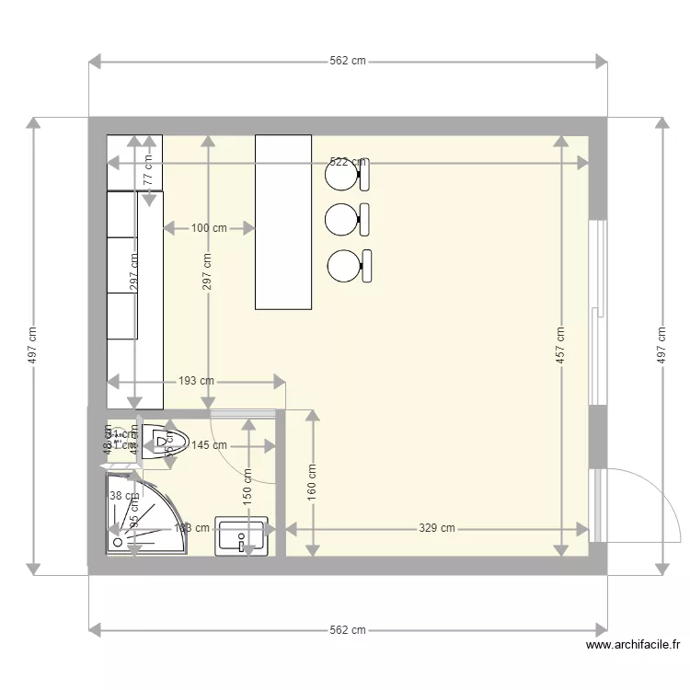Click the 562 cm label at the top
[348, 62]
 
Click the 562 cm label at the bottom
[348, 630]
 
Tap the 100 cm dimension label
[209, 227]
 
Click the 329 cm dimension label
[437, 529]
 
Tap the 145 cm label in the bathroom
[209, 445]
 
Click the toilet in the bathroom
[166, 441]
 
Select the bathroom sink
[242, 536]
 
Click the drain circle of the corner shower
[118, 543]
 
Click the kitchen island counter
[283, 222]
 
